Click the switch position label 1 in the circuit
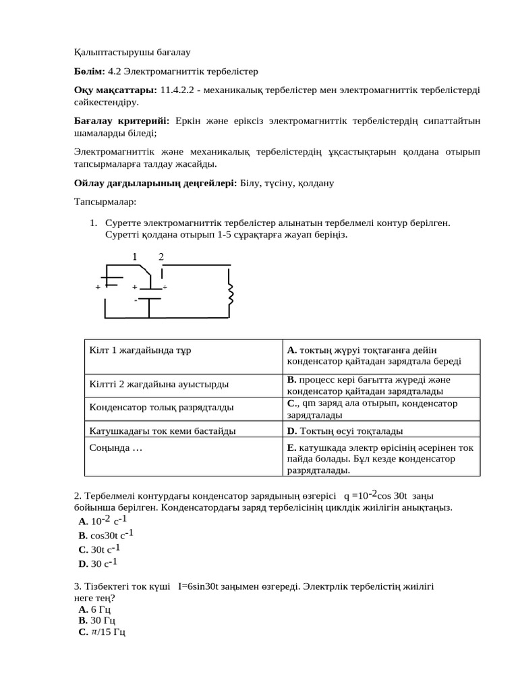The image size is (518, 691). point(135,256)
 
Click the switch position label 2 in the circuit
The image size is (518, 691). point(161,256)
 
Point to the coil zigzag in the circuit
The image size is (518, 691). point(231,294)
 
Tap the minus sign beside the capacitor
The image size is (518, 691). point(136,299)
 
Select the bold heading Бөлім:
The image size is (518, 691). point(89,70)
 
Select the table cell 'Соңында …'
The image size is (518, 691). point(115,447)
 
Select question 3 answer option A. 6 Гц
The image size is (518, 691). point(95,609)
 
